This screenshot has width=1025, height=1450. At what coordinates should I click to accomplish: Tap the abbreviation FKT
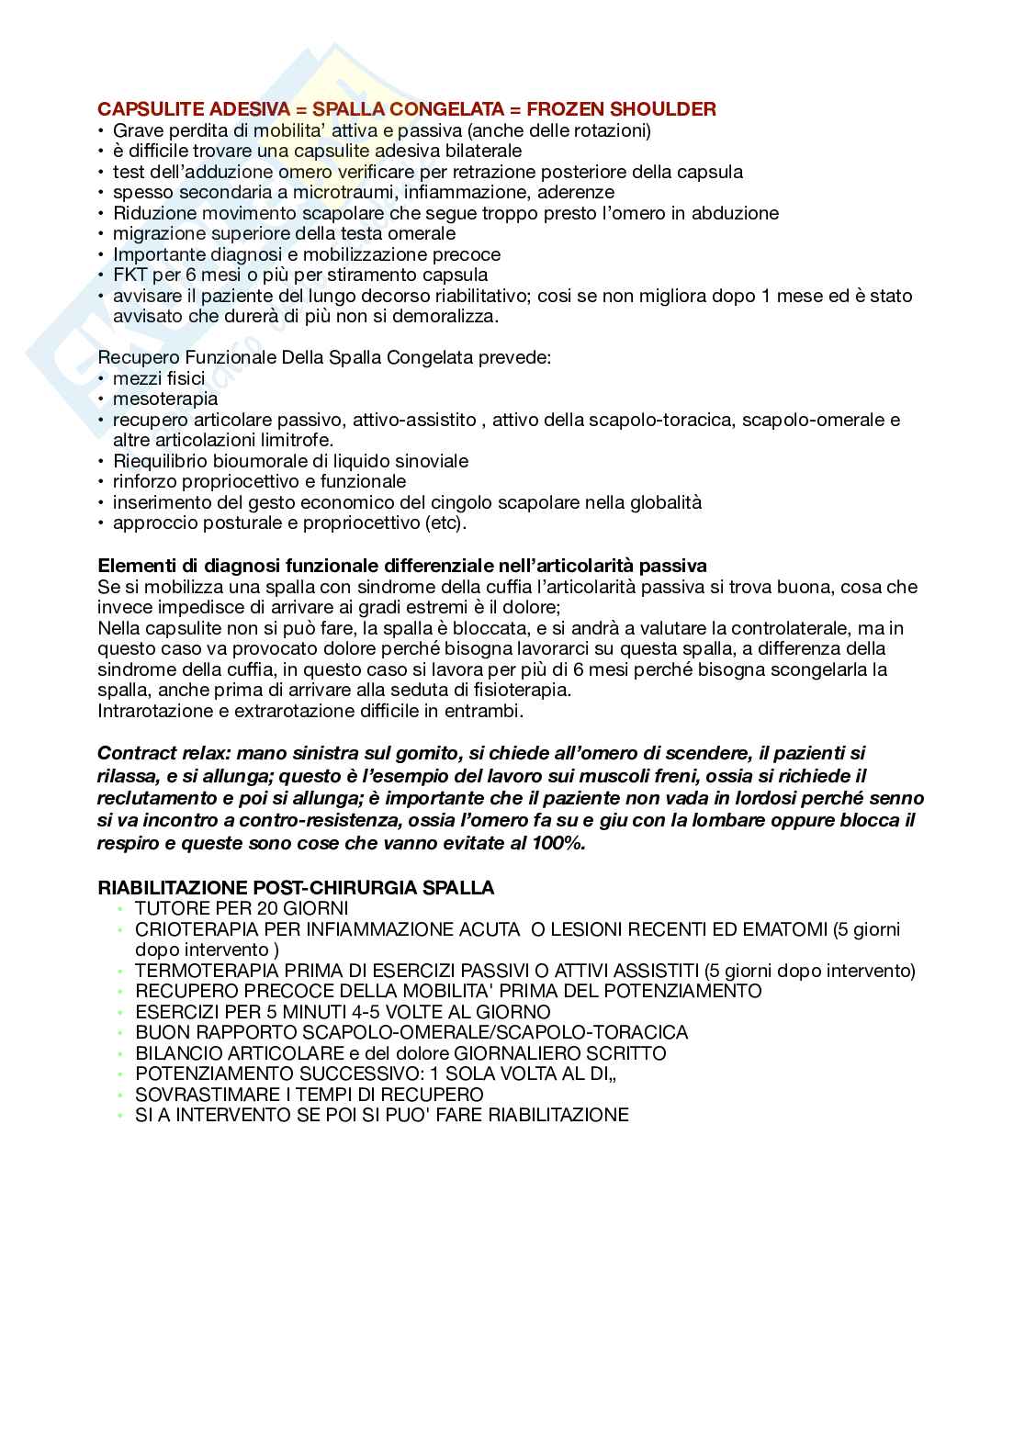coord(130,275)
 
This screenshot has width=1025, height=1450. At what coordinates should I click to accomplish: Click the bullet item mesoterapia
coord(165,399)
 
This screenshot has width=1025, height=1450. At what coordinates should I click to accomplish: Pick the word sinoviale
coord(430,461)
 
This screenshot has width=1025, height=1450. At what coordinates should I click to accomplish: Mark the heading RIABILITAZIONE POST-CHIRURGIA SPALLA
coord(296,888)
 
